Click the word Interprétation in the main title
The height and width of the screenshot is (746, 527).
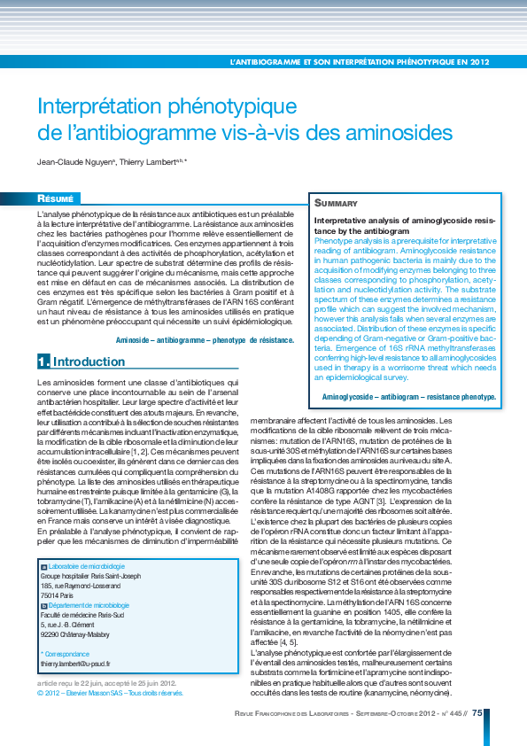105,106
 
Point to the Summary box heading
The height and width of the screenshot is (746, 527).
337,203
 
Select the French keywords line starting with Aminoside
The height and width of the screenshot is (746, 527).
205,339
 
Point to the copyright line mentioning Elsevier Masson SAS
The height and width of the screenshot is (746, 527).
111,694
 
